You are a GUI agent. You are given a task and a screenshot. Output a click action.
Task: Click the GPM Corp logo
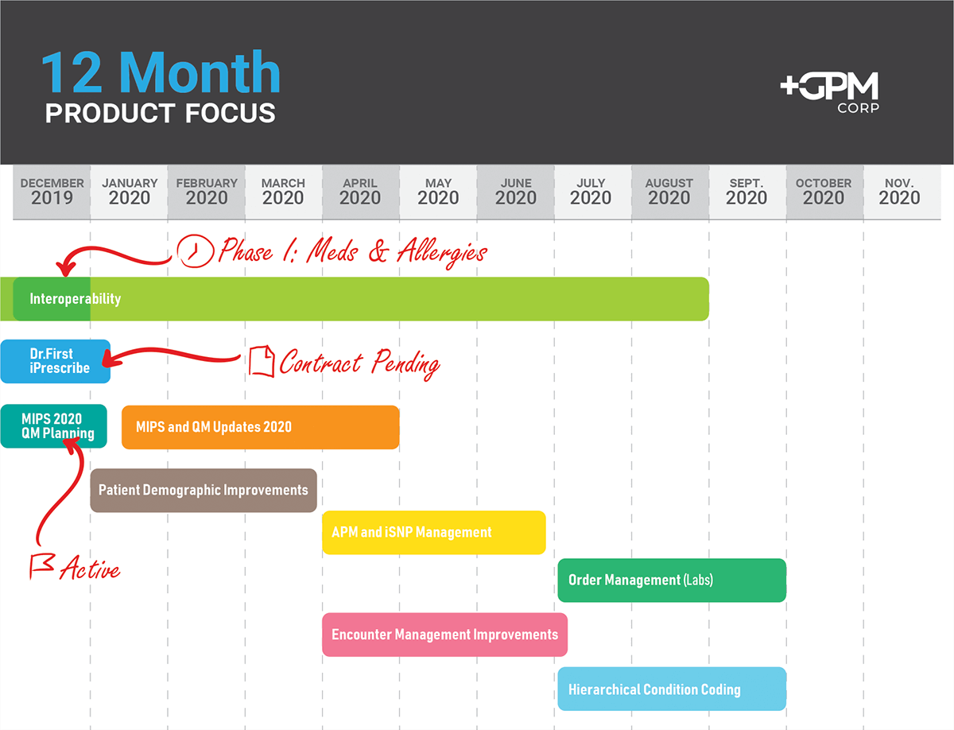[829, 92]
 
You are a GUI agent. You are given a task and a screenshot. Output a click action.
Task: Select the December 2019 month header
[52, 192]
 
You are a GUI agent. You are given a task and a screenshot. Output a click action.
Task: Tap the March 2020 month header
[283, 192]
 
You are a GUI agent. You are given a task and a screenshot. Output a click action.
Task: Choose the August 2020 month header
[669, 192]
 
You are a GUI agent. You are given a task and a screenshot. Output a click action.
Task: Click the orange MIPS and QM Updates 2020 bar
[260, 427]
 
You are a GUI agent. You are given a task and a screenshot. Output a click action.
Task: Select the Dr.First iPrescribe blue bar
[55, 361]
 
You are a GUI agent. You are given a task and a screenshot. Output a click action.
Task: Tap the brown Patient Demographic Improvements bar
[204, 490]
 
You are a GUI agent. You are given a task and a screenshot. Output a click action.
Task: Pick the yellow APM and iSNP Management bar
[434, 532]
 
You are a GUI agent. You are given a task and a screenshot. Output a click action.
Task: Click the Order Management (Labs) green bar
[672, 580]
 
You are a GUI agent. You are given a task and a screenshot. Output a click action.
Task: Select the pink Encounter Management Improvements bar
[444, 635]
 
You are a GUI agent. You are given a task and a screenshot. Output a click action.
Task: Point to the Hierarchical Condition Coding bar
[672, 689]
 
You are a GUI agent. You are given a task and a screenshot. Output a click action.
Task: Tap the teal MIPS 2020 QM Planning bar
[53, 425]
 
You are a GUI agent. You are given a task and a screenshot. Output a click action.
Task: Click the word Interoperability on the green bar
[76, 299]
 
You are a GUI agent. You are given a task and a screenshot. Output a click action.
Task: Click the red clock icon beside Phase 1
[195, 250]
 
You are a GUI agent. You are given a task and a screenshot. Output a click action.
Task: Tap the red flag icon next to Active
[42, 565]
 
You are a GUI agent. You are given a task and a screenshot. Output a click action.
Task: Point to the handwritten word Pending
[406, 363]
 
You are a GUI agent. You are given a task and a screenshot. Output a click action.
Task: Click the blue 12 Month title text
[161, 72]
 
